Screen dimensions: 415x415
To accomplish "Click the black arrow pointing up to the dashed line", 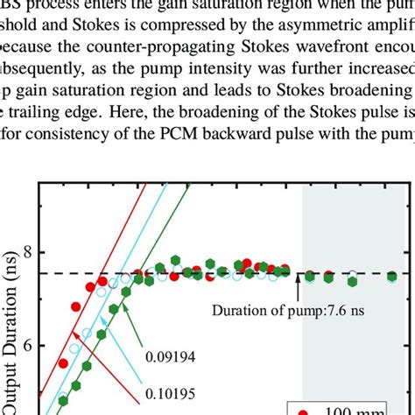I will tap(298, 285).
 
